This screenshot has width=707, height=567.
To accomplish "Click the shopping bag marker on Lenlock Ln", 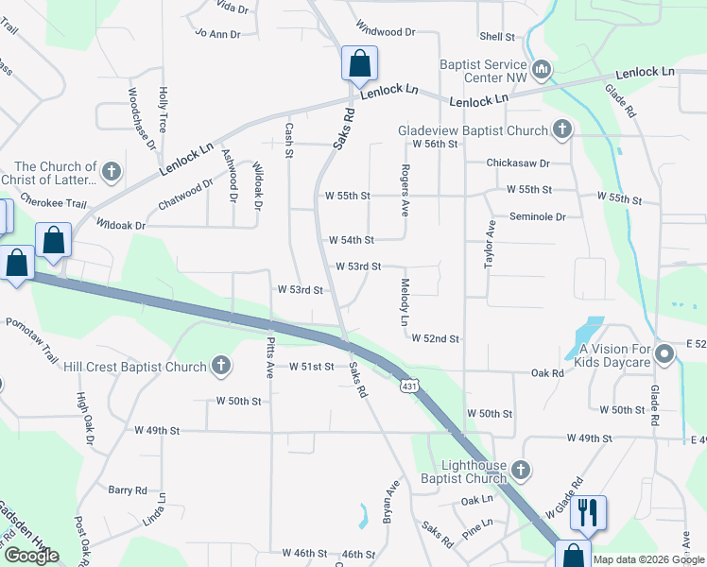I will point(359,65).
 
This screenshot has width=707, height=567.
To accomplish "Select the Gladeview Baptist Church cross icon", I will point(561,129).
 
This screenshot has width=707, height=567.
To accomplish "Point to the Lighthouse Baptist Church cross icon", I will point(519,470).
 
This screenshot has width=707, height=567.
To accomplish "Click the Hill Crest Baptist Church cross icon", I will point(219,365).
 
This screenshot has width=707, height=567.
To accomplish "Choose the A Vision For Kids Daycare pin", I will point(664,355).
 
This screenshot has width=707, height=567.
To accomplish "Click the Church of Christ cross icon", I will point(112,172).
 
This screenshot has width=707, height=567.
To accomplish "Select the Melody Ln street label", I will point(405,302).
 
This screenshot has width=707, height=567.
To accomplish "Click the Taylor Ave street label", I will point(491,246).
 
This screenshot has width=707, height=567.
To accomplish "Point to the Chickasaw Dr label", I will point(518,163).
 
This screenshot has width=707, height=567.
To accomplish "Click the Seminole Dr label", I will point(537,216).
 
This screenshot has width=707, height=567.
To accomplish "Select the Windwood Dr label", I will point(386,31).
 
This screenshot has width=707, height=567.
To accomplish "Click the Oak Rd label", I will point(547,373).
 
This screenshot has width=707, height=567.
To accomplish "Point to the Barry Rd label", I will point(127,490).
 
